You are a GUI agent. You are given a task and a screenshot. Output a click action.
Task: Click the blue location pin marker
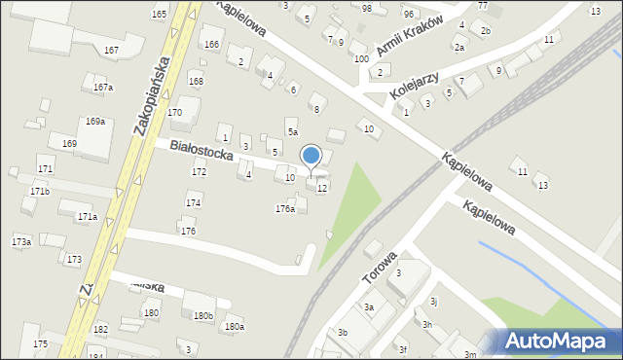coord(311,157)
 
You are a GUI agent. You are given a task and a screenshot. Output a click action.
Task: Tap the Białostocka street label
coord(202,156)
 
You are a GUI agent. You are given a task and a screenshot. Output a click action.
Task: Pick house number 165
coord(159,14)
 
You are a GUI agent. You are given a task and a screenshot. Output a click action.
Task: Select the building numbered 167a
coord(102,88)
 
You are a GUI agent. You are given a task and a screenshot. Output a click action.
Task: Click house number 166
coord(210,45)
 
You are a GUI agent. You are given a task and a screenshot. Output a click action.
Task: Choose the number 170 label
coord(174,113)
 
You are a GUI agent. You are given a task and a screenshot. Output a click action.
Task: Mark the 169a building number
coord(94,122)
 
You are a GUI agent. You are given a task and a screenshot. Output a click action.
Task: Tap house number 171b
coord(39,192)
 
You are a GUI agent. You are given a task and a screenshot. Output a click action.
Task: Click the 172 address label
coord(199,172)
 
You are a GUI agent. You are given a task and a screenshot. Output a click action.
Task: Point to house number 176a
coord(285,209)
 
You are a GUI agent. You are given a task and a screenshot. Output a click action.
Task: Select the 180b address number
coord(202,316)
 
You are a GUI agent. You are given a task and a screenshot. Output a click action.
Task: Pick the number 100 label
coord(361,59)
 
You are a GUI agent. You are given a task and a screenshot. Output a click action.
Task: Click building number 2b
coord(485,31)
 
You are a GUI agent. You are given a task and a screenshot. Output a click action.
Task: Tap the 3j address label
coord(434,302)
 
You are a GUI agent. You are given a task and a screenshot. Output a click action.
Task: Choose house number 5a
coord(291,131)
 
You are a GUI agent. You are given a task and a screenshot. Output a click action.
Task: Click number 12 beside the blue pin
coord(322,188)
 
